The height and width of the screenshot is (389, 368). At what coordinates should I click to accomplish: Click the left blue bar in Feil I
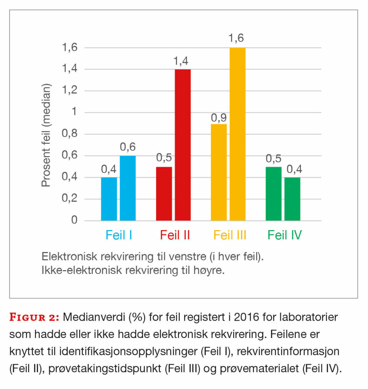coord(109,199)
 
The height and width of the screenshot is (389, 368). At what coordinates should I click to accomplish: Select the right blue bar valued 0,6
coord(128,188)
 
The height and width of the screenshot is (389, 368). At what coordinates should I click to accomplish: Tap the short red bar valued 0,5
coord(164,193)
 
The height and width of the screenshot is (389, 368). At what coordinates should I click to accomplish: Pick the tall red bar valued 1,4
coord(183,145)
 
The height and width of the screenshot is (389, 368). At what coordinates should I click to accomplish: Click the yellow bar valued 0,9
coord(219,172)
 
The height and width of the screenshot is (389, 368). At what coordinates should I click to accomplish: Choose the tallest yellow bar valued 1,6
coord(238,134)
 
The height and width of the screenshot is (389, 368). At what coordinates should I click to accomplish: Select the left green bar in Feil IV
coord(274,193)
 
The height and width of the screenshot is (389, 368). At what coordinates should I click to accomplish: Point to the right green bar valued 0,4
coord(292,199)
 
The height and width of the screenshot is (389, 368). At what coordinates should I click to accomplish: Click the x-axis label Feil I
coord(118,235)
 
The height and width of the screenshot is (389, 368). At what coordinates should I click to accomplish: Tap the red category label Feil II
coord(175,235)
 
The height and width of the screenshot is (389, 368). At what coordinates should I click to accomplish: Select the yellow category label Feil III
coord(230,235)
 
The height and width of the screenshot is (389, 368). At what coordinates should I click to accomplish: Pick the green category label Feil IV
coord(284,235)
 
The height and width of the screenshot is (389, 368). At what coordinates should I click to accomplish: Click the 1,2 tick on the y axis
coord(69,91)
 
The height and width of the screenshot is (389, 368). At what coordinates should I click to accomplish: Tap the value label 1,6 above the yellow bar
coord(236,38)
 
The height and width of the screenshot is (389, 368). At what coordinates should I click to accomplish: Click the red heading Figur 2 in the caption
coord(34,318)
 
